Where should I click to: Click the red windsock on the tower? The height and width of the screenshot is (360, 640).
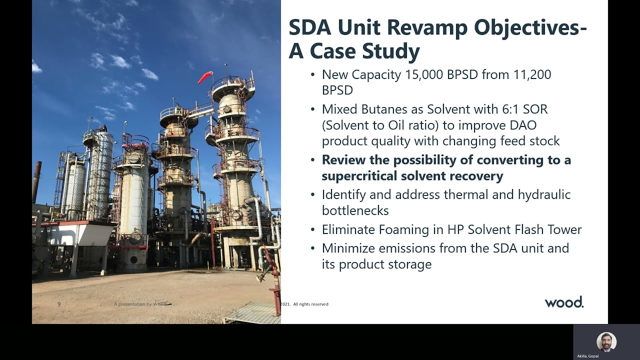tap(205, 77)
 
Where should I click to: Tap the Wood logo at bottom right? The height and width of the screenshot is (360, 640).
tap(563, 302)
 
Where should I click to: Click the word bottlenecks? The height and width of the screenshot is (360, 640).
tap(355, 210)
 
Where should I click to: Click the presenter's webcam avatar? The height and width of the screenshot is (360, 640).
tap(606, 342)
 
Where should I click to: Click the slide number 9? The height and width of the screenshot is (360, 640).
tap(59, 304)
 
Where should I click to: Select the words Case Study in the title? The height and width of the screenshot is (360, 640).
tap(365, 51)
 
